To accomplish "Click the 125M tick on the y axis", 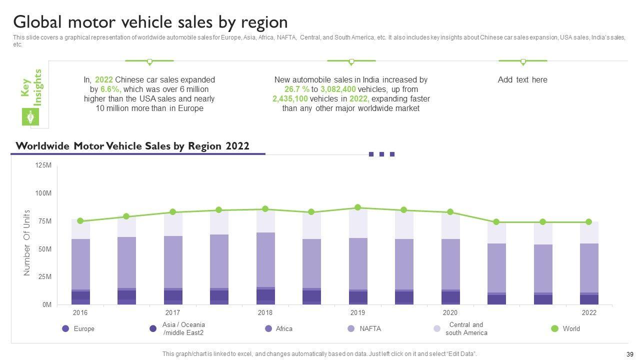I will [x=43, y=165].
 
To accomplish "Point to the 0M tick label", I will [x=46, y=304].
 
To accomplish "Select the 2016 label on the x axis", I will [x=80, y=313].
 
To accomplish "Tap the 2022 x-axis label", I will [x=589, y=313].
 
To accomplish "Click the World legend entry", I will [x=571, y=328].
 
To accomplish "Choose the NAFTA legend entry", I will [x=370, y=328].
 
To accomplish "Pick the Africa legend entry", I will [x=284, y=328].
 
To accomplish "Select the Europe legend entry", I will [x=83, y=328].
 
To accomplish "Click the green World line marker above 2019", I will [x=357, y=207].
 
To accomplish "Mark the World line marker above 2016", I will [x=80, y=221].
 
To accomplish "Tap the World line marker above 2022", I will [x=588, y=222].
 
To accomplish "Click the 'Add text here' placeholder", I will [x=522, y=79].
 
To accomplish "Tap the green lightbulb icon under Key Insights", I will [x=30, y=117].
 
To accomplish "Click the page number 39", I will [x=629, y=354].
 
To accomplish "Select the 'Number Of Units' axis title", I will [x=27, y=242].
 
